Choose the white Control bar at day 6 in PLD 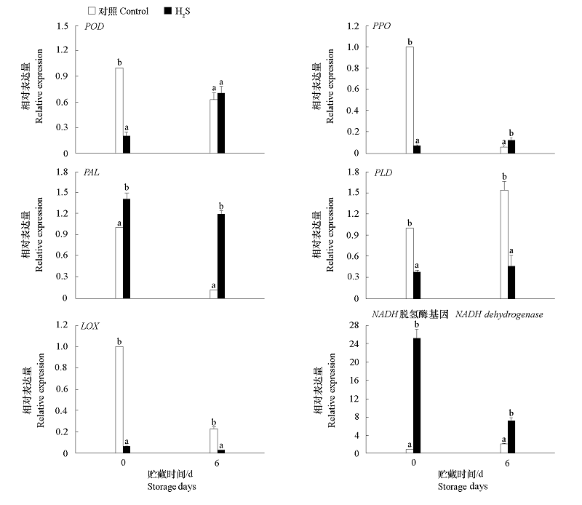[x=504, y=244]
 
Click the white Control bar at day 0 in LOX [x=119, y=399]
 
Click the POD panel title [x=95, y=27]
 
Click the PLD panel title [x=383, y=173]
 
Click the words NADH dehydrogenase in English [x=499, y=314]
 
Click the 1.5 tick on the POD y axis [x=64, y=26]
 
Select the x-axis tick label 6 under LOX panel [x=217, y=463]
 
